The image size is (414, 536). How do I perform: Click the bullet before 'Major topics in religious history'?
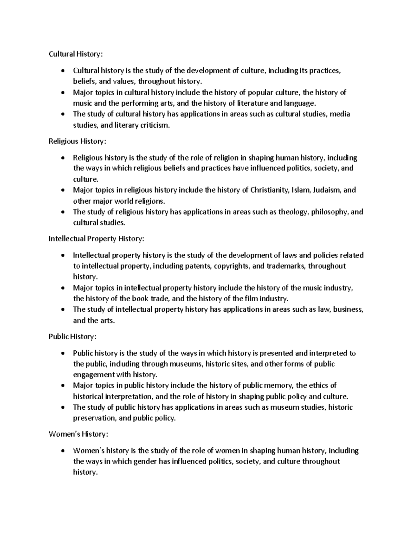62,191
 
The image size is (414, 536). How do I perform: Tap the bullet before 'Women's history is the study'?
62,451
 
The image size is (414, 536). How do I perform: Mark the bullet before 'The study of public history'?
62,408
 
